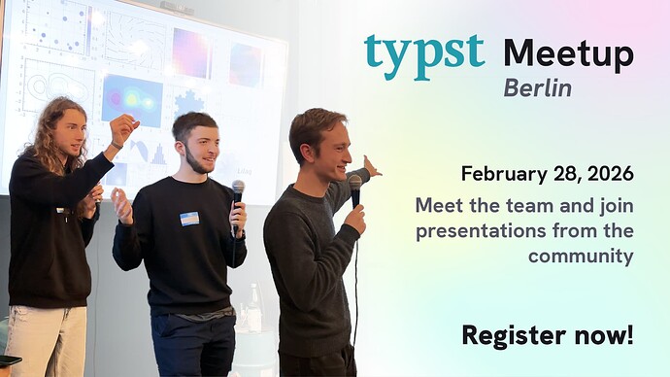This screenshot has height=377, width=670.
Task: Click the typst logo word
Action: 424,52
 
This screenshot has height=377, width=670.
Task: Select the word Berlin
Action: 537,88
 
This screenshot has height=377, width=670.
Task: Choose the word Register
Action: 511,335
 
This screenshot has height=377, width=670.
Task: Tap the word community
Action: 581,257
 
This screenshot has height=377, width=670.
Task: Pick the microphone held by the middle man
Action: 237,194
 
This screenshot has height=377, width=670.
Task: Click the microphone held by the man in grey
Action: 355,188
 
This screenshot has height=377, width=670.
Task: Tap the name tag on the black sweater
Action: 189,219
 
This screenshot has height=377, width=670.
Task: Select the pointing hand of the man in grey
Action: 370,166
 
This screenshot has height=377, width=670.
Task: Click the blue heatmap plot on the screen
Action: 132,100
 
